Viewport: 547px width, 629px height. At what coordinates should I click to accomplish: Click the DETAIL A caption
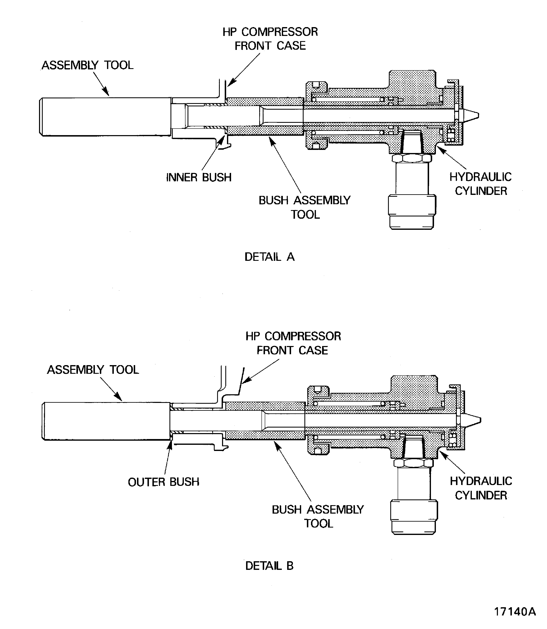pos(269,257)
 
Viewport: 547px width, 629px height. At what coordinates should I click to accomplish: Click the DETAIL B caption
pos(269,566)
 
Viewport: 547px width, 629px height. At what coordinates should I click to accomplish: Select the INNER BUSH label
pos(199,177)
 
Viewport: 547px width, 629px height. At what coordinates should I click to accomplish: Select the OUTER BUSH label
pos(164,482)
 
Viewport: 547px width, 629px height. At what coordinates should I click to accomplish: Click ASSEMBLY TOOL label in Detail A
pos(88,65)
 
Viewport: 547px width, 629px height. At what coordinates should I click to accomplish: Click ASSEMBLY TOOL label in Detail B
pos(93,370)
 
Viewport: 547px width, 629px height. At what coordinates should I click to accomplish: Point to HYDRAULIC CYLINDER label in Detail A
pos(480,184)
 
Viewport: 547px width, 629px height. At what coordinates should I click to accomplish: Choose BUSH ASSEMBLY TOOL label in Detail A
pos(305,207)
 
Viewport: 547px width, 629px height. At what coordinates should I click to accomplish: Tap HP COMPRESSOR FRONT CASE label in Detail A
pos(270,39)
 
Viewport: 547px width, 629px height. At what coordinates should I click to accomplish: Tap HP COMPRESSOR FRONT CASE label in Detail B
pos(293,343)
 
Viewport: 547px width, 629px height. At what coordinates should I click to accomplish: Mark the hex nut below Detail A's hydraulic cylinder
pos(411,158)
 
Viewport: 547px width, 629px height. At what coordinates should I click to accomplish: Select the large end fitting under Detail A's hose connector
pos(412,212)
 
